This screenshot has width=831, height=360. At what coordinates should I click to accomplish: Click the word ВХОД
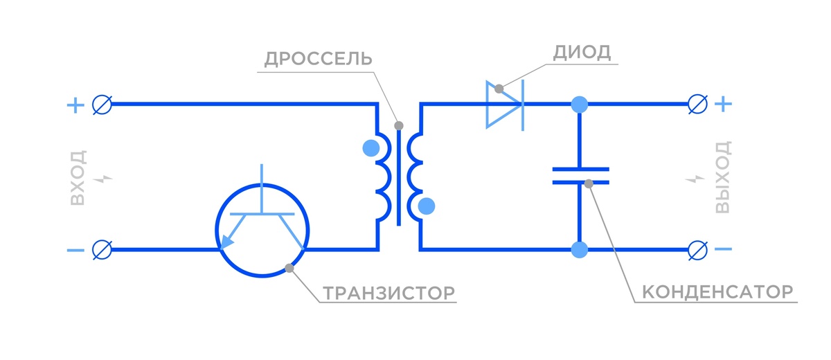[78, 177]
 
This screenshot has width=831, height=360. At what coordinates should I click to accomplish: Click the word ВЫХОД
[723, 177]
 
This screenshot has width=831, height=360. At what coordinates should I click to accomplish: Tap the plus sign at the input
[74, 105]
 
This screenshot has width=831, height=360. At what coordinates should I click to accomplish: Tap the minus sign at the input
[74, 249]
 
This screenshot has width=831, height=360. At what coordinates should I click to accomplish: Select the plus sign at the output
[722, 105]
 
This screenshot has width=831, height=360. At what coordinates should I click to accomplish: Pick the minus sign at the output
[722, 249]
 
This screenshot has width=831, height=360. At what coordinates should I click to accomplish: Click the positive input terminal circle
[102, 105]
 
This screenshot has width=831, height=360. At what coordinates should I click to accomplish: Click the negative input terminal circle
[102, 249]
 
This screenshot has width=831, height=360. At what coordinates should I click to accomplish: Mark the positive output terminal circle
[697, 105]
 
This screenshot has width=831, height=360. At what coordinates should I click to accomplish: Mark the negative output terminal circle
[697, 249]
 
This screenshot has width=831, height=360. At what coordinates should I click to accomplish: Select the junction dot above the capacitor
[580, 105]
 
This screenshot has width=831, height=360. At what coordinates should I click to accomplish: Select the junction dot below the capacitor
[580, 249]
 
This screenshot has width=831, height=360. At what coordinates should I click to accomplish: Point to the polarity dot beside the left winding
[371, 147]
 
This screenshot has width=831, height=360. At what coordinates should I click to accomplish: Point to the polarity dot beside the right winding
[427, 206]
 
